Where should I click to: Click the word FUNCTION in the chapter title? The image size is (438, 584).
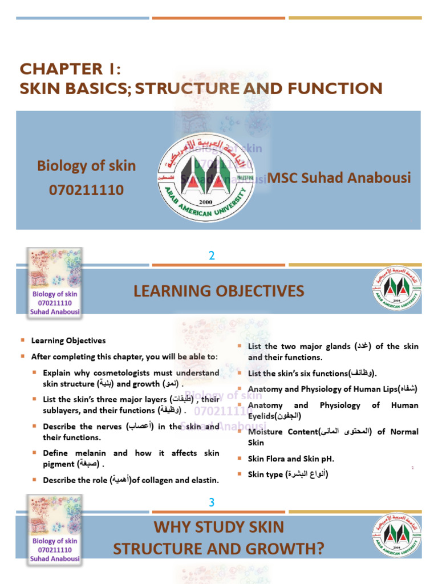[340, 88]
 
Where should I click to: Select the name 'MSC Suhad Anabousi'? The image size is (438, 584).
[339, 178]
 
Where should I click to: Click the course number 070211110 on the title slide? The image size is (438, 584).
[86, 190]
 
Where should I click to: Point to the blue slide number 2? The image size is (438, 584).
[212, 256]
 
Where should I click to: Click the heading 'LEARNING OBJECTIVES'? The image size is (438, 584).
[219, 291]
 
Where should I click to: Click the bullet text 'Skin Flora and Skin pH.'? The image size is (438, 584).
[291, 459]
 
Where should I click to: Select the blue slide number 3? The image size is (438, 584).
[212, 502]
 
